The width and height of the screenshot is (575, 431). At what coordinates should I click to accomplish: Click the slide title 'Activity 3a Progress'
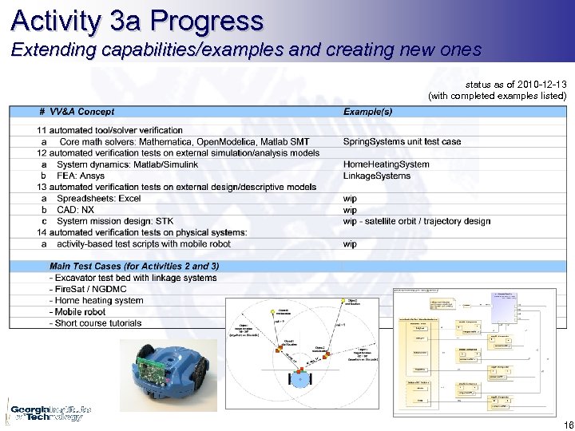137,20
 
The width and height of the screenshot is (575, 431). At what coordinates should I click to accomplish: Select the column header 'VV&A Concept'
81,112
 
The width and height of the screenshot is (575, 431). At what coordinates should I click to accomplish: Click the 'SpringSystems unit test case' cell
402,141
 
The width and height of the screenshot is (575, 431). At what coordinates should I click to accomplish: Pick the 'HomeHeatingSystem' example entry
386,164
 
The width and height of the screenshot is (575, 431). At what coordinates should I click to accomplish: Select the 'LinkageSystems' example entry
376,176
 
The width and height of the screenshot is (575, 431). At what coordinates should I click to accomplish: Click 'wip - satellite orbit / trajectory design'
416,221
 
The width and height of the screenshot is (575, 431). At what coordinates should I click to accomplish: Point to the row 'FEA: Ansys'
81,176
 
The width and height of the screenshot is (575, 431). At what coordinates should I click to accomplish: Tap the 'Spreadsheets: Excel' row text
98,198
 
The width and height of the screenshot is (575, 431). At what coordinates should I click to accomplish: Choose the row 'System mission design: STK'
115,221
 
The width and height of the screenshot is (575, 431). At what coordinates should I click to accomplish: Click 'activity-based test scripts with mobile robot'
144,243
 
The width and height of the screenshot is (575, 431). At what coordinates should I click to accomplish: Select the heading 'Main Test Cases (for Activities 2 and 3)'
134,266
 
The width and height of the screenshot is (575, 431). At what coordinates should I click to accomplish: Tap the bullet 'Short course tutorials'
97,323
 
